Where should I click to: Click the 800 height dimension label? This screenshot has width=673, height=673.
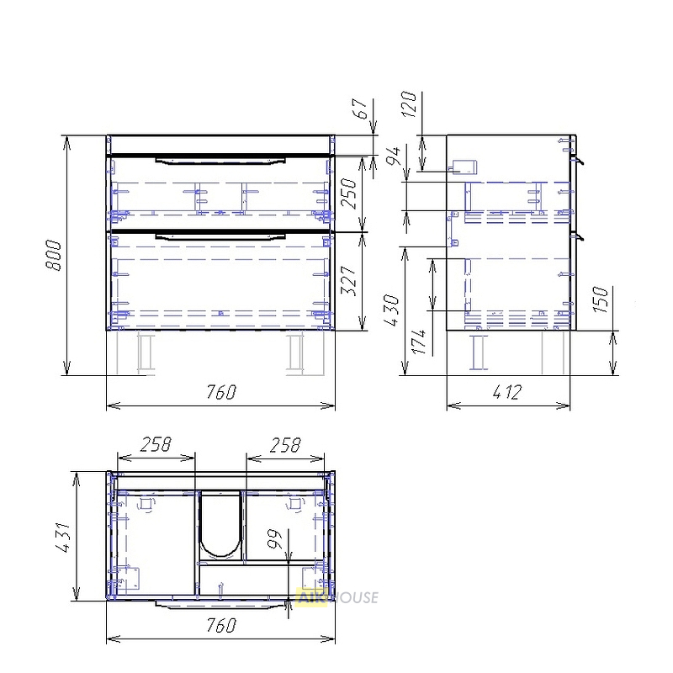55,256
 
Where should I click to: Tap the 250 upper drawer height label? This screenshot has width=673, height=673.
351,194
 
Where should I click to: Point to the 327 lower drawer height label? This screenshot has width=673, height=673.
351,281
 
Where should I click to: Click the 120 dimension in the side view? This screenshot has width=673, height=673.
409,103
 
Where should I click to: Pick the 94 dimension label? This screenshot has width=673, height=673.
394,156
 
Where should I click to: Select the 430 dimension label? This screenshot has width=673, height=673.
393,310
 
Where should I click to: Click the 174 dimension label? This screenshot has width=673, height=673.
419,342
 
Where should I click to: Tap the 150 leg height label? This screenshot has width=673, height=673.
601,299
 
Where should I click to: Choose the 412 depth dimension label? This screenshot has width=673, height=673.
507,392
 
